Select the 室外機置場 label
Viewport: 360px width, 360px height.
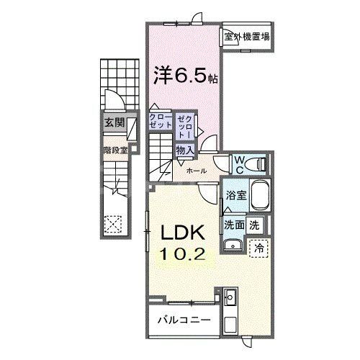[x=246, y=37]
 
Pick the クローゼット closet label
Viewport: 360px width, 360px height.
[x=161, y=120]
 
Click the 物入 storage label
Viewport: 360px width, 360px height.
[x=184, y=149]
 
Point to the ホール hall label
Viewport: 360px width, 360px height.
[x=197, y=171]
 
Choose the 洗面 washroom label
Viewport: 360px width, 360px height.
[x=235, y=224]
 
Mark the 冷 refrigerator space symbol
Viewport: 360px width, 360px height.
[x=258, y=247]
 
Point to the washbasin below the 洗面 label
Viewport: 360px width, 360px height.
[x=233, y=247]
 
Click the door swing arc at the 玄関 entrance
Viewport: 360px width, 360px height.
[x=110, y=100]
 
